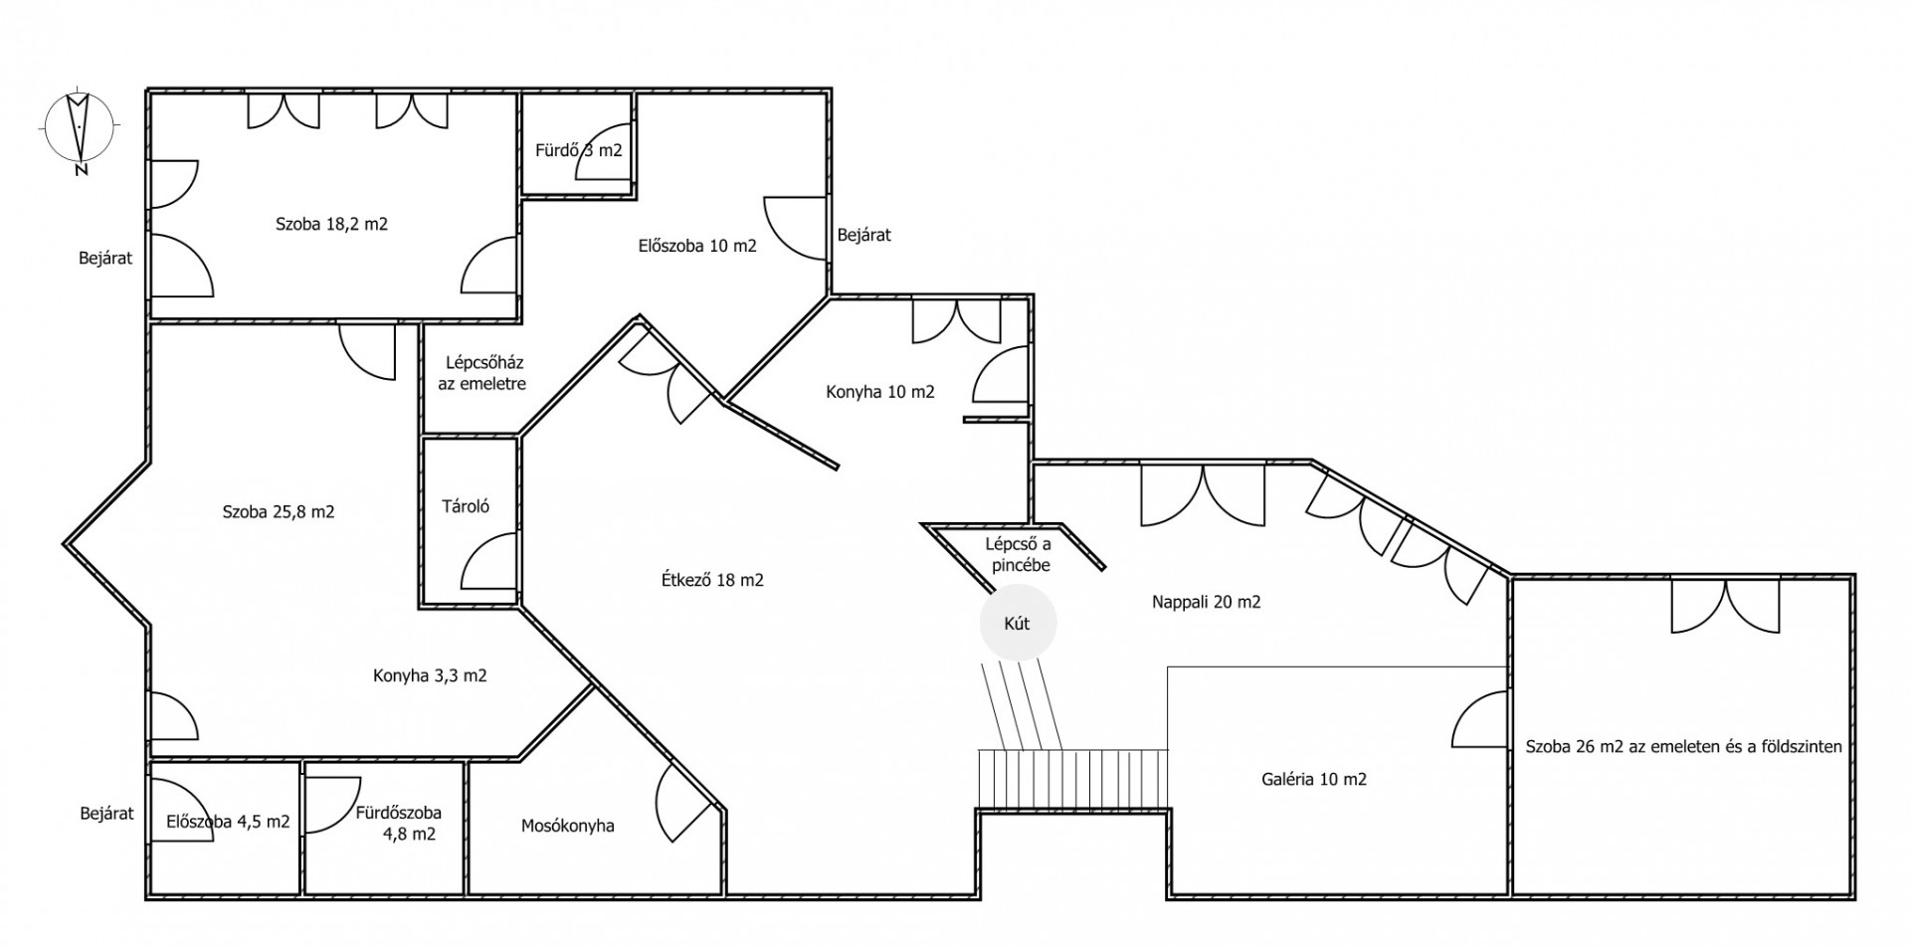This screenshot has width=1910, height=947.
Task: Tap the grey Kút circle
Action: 1018,624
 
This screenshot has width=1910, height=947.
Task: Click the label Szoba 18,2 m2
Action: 331,224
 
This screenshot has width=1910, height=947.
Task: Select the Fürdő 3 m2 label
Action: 578,150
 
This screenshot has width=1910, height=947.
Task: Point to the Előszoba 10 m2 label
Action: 697,245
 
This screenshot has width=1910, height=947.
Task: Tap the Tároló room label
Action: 466,506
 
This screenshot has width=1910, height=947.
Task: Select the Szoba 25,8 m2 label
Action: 279,512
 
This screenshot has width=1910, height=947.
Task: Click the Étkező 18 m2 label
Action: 712,580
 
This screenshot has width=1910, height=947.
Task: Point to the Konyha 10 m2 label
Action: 880,392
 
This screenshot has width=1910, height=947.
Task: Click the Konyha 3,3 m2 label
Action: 430,675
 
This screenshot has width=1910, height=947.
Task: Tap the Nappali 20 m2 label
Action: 1207,602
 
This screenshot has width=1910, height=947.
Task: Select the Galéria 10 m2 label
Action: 1313,779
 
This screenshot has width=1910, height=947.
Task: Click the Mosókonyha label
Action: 568,826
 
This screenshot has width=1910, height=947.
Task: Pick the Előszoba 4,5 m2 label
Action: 229,822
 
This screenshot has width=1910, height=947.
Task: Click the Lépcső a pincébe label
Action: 1018,555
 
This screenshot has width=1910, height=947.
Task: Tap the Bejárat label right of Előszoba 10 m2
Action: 864,235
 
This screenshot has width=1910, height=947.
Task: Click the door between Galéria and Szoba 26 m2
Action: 1478,720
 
